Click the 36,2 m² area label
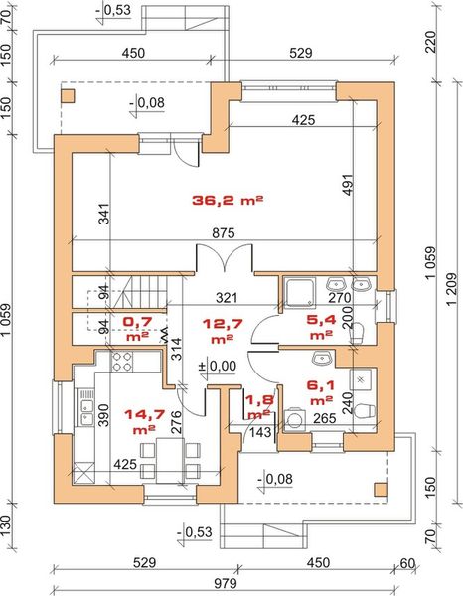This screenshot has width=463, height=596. (x=228, y=200)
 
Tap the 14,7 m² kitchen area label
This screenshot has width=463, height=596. (x=144, y=421)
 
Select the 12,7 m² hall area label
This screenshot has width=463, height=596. (x=223, y=331)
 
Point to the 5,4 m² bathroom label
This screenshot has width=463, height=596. (x=321, y=327)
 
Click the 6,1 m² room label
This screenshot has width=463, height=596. (x=321, y=392)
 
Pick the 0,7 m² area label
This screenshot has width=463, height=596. (x=137, y=328)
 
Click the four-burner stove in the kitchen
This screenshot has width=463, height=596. (x=122, y=362)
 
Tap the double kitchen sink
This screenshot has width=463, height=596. (x=85, y=407)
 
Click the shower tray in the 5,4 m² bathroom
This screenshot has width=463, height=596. (x=300, y=293)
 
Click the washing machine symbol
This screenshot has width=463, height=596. (x=293, y=419)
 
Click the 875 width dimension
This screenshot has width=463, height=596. (x=224, y=233)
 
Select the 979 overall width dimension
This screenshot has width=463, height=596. (x=226, y=583)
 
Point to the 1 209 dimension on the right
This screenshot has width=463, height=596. (x=452, y=289)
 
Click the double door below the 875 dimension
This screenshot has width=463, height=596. (x=224, y=257)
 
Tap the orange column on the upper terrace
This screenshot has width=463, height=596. (x=69, y=96)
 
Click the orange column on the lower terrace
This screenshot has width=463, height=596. (x=381, y=489)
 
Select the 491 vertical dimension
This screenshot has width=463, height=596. (x=348, y=185)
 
